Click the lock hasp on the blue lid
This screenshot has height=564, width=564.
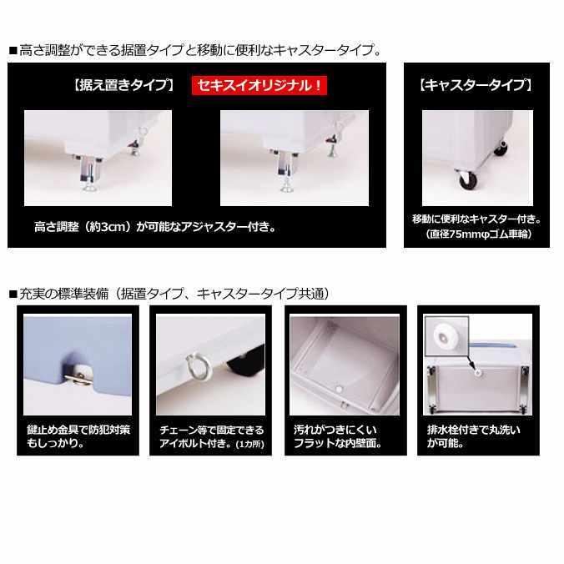pos(80,374)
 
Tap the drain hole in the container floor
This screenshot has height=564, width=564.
pos(340,388)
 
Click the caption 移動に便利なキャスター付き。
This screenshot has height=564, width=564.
pos(476,219)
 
